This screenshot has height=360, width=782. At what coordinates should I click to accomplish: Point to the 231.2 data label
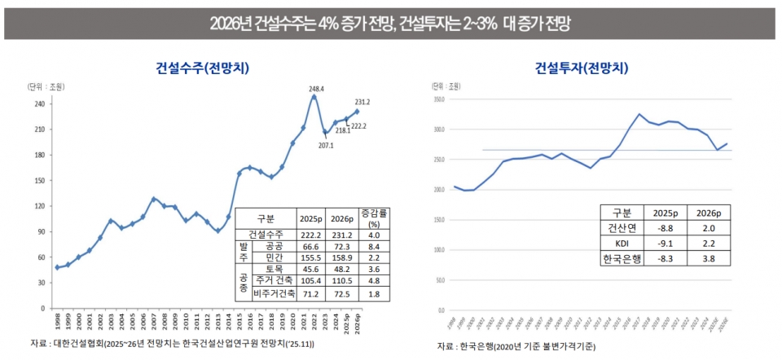point(362,102)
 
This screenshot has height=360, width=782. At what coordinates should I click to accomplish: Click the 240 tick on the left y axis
point(39,104)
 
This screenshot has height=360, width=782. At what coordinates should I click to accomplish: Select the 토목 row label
point(274,268)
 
